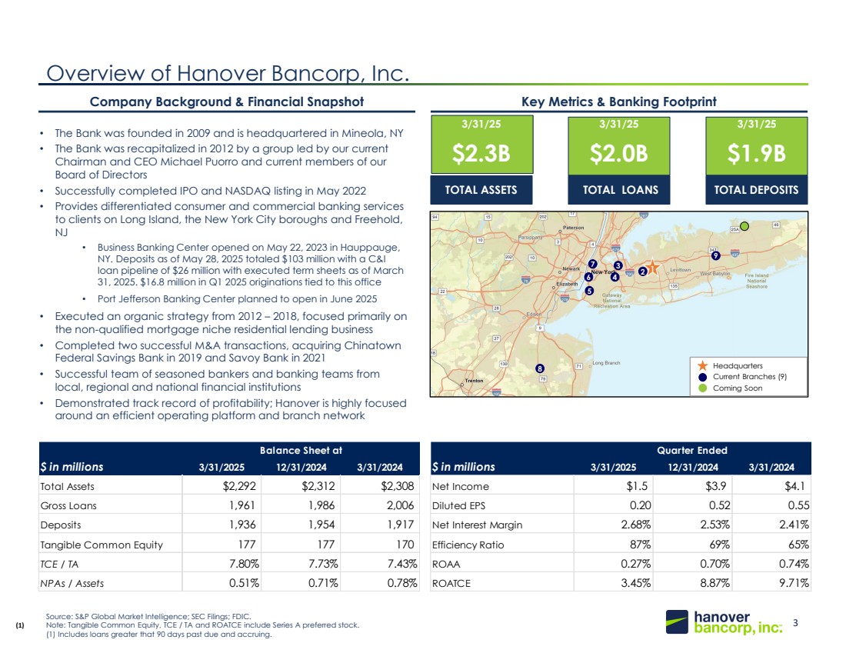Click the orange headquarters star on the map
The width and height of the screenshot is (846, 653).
pyautogui.click(x=652, y=267)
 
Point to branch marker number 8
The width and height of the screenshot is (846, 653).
pyautogui.click(x=540, y=368)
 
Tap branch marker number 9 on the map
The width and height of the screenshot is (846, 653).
pyautogui.click(x=715, y=255)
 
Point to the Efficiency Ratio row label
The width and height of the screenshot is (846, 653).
pyautogui.click(x=465, y=544)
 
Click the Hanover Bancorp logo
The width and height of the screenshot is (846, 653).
pyautogui.click(x=724, y=622)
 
